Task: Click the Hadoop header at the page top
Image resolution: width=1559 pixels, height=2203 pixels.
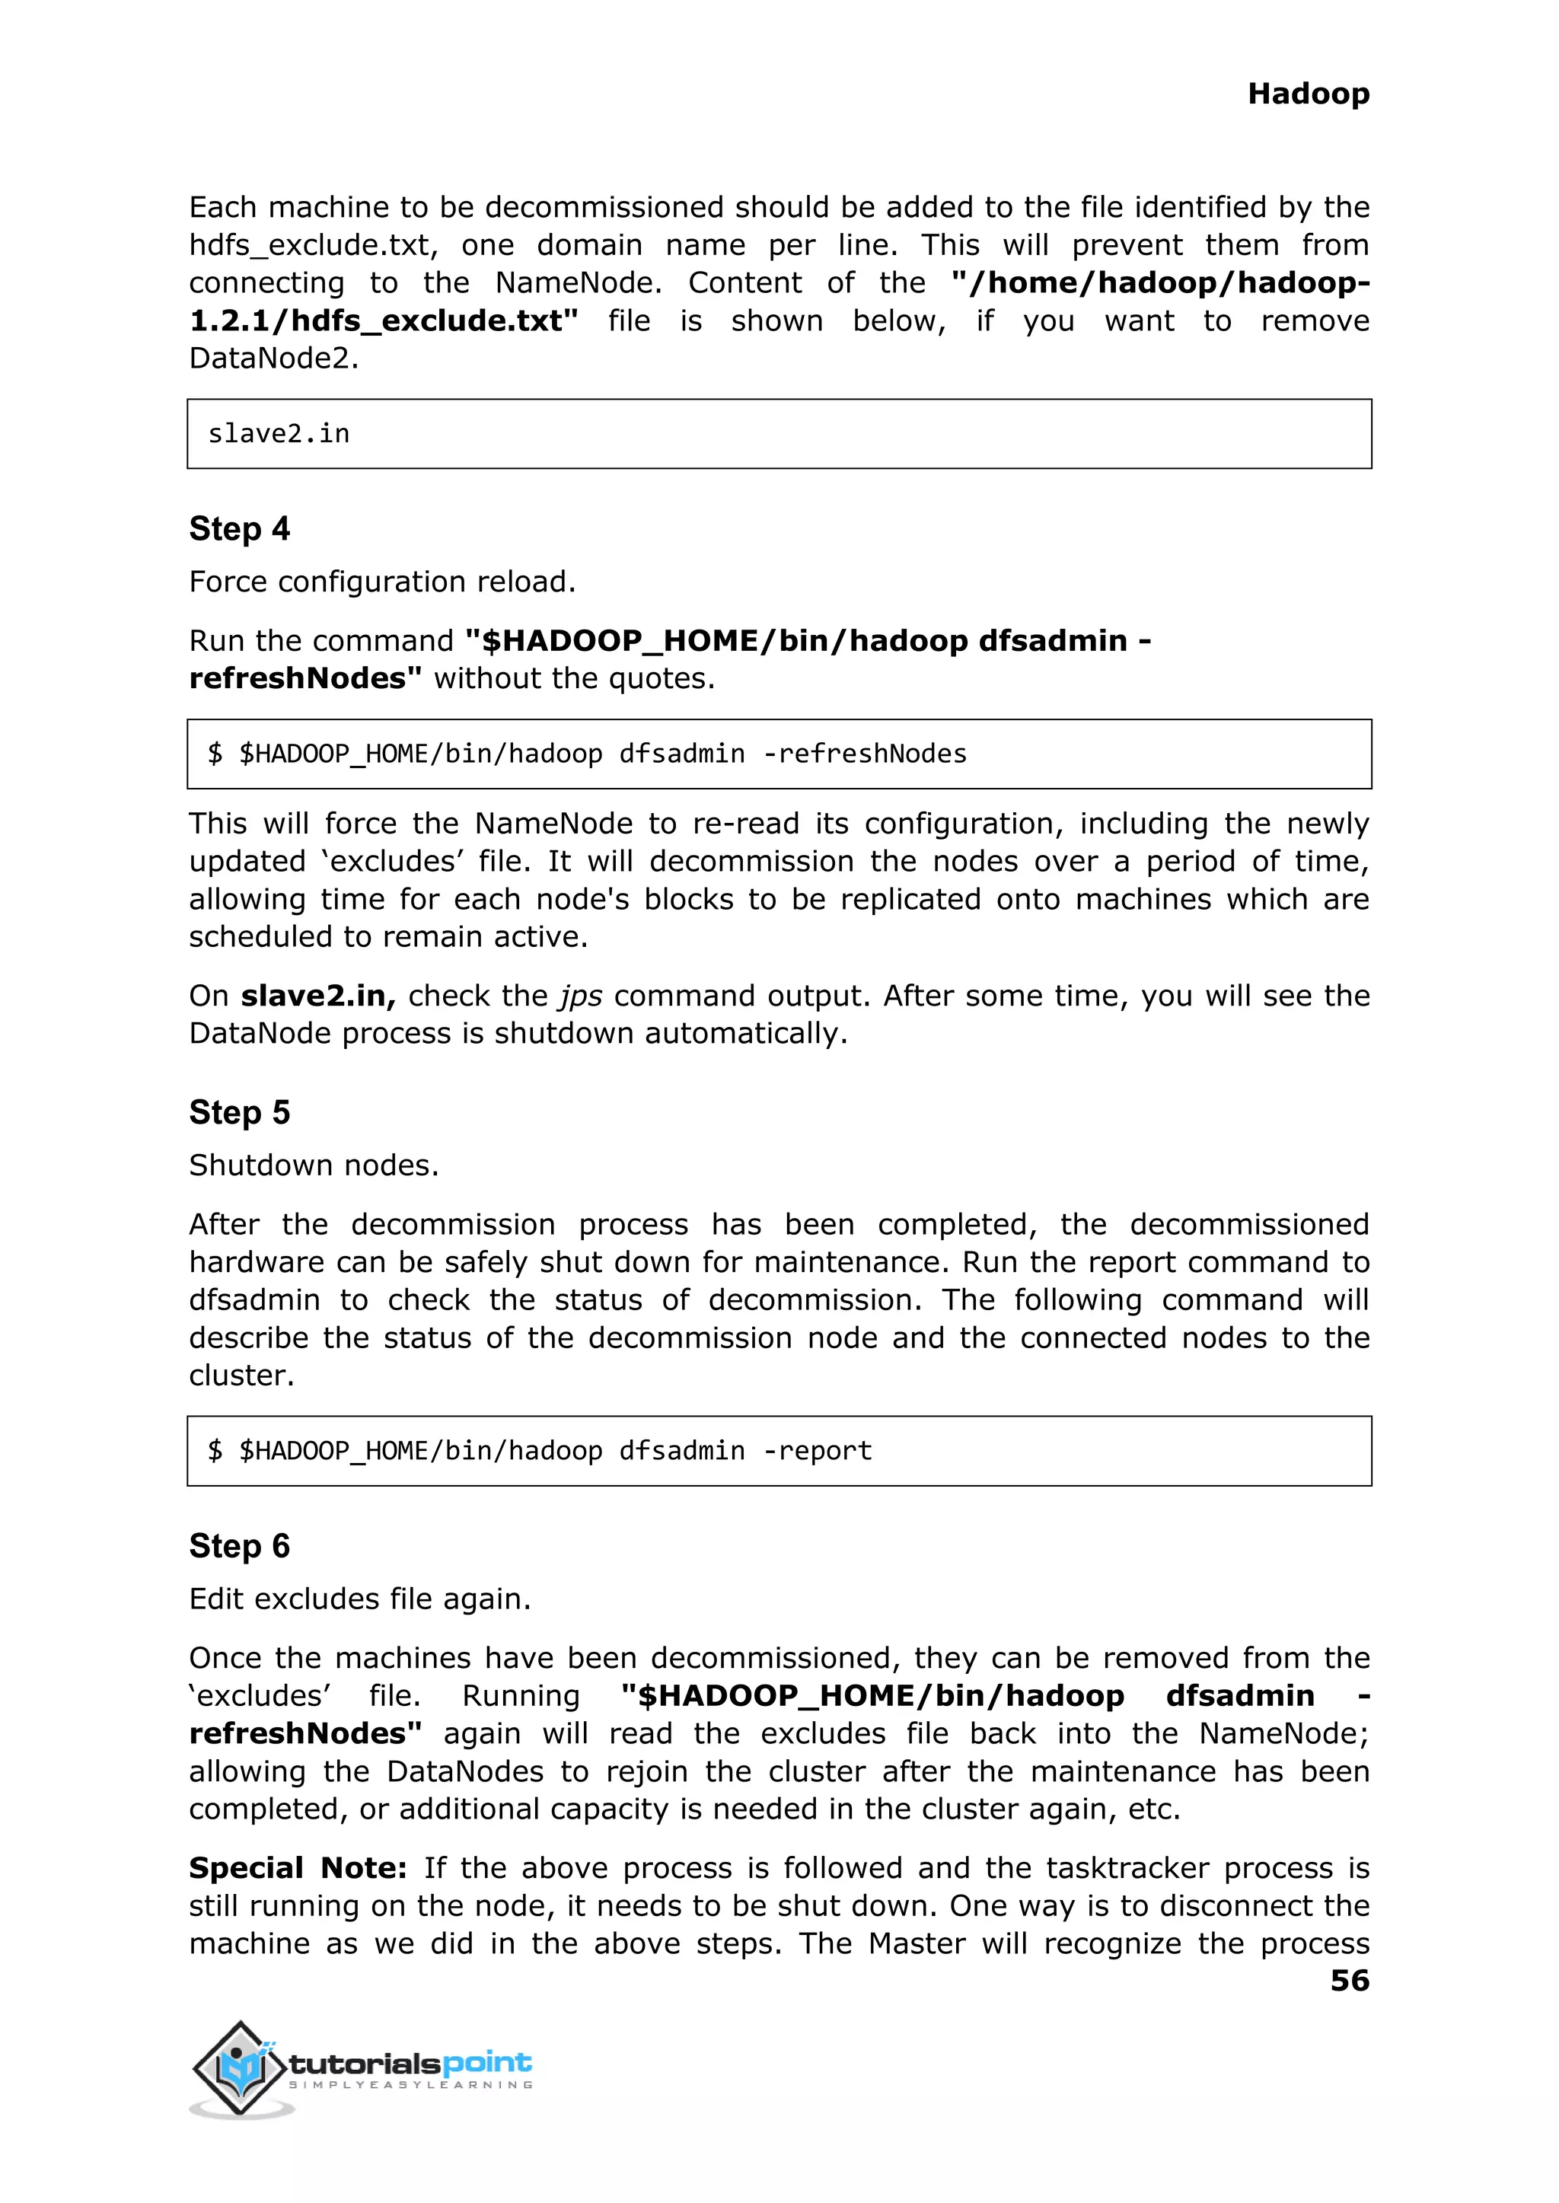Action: (1308, 94)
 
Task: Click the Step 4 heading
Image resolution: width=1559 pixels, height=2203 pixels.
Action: (239, 529)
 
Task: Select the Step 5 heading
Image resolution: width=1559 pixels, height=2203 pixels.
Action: (239, 1113)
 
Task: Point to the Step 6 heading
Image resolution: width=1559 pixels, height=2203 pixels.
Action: (239, 1546)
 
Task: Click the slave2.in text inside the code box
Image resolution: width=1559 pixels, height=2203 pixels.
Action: (279, 434)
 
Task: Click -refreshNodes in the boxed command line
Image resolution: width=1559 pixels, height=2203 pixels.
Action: (864, 754)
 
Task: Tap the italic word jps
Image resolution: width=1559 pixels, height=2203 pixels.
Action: (581, 996)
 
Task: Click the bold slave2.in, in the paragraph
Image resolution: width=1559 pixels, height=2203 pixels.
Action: (317, 996)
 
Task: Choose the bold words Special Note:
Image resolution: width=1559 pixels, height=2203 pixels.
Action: (298, 1868)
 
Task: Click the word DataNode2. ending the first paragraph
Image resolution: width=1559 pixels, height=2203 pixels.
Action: (273, 359)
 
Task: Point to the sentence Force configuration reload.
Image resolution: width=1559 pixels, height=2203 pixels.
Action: (382, 582)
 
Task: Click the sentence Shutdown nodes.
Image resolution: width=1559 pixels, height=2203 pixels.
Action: (314, 1165)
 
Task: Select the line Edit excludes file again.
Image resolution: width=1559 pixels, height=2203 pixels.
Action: (360, 1599)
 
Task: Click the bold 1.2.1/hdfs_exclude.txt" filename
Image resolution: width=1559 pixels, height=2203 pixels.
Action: (384, 320)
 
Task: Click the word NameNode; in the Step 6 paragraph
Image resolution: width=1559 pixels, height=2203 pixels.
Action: (1283, 1733)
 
